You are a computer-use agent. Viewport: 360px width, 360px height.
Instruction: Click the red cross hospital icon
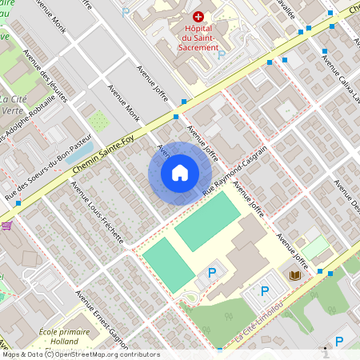point(198,16)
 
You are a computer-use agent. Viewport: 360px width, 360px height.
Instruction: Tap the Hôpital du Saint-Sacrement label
point(196,38)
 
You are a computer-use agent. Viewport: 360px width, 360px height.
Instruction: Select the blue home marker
point(180,172)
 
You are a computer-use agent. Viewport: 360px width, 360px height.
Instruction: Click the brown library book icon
point(294,275)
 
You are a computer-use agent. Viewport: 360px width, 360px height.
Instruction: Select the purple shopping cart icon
point(6,226)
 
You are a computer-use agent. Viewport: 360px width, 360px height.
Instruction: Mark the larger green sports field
point(206,221)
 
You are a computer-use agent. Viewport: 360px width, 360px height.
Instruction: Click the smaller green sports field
point(168,264)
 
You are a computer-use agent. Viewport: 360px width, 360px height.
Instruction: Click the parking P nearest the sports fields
point(212,274)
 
